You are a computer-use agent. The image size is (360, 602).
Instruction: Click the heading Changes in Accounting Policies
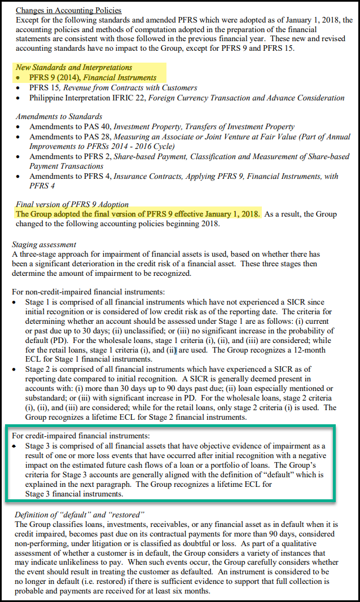tap(68, 11)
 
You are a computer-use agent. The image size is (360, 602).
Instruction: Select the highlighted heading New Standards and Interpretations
tap(74, 68)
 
